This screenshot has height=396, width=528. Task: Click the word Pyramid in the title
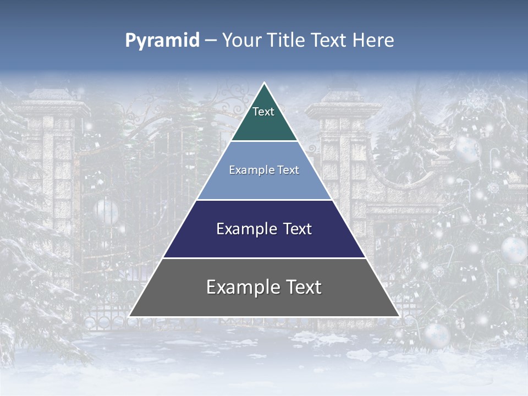[x=162, y=41]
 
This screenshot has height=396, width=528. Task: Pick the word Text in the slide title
[x=329, y=40]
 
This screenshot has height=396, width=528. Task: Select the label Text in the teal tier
[x=263, y=112]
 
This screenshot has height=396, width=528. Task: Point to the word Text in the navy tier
[x=295, y=229]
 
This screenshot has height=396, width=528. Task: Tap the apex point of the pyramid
[x=264, y=84]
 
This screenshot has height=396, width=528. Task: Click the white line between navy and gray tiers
[x=264, y=258]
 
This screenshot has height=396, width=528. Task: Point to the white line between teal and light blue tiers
[x=264, y=141]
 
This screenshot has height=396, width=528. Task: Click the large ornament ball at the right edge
[x=514, y=249]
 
